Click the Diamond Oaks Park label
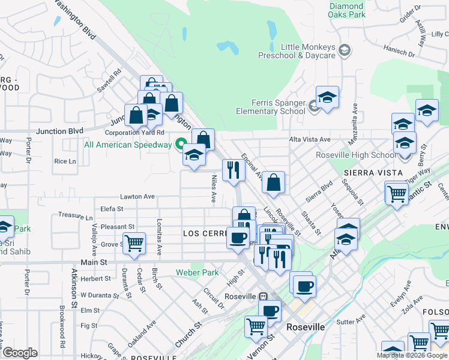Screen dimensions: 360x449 (x=347, y=10)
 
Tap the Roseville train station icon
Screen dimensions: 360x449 (x=263, y=296)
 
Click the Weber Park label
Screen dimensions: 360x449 (x=197, y=272)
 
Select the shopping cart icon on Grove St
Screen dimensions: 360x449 (x=134, y=243)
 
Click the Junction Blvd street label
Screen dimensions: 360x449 (x=59, y=131)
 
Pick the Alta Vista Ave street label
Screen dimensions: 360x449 (x=310, y=139)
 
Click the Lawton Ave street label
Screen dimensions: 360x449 (x=137, y=196)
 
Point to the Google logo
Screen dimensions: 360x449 (x=20, y=352)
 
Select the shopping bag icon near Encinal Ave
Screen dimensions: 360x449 (x=273, y=182)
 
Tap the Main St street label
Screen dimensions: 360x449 (x=94, y=263)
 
